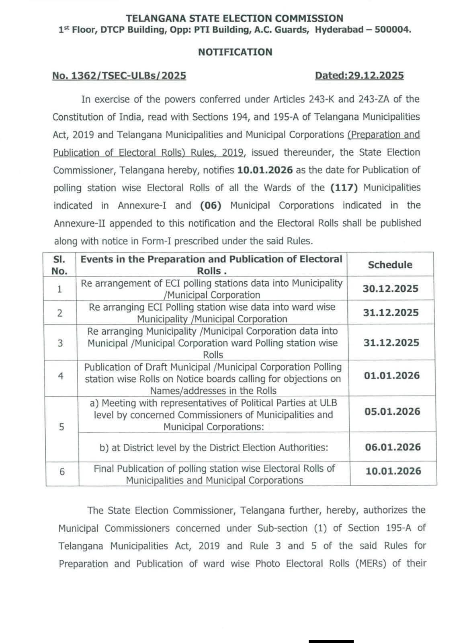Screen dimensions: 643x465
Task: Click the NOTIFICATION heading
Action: pyautogui.click(x=235, y=52)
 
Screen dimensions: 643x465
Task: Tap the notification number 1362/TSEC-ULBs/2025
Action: pyautogui.click(x=119, y=76)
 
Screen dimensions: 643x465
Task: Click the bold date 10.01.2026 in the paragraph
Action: pyautogui.click(x=265, y=170)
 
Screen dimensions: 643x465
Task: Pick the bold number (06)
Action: pyautogui.click(x=211, y=205)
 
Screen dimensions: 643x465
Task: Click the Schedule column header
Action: pyautogui.click(x=390, y=265)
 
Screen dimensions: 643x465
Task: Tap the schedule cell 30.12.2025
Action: pyautogui.click(x=390, y=289)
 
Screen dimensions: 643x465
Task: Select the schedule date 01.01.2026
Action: pyautogui.click(x=392, y=376)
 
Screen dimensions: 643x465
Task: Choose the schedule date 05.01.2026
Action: pyautogui.click(x=392, y=412)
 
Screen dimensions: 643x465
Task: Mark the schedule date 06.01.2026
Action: pyautogui.click(x=393, y=447)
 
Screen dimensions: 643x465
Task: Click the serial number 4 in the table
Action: pyautogui.click(x=61, y=376)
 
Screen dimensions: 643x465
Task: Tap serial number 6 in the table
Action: pyautogui.click(x=62, y=472)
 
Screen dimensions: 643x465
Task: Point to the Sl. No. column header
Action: pyautogui.click(x=59, y=265)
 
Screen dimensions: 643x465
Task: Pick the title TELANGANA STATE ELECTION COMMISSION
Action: pyautogui.click(x=235, y=18)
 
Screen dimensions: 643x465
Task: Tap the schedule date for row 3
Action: pyautogui.click(x=391, y=343)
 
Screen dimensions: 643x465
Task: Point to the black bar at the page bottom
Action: pyautogui.click(x=331, y=641)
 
